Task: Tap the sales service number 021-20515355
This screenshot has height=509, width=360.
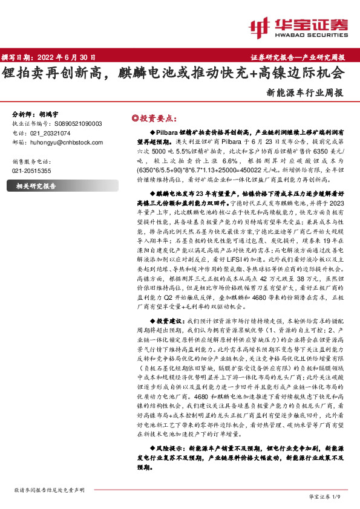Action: click(x=32, y=171)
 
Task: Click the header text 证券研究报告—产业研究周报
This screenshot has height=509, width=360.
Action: click(x=297, y=57)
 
